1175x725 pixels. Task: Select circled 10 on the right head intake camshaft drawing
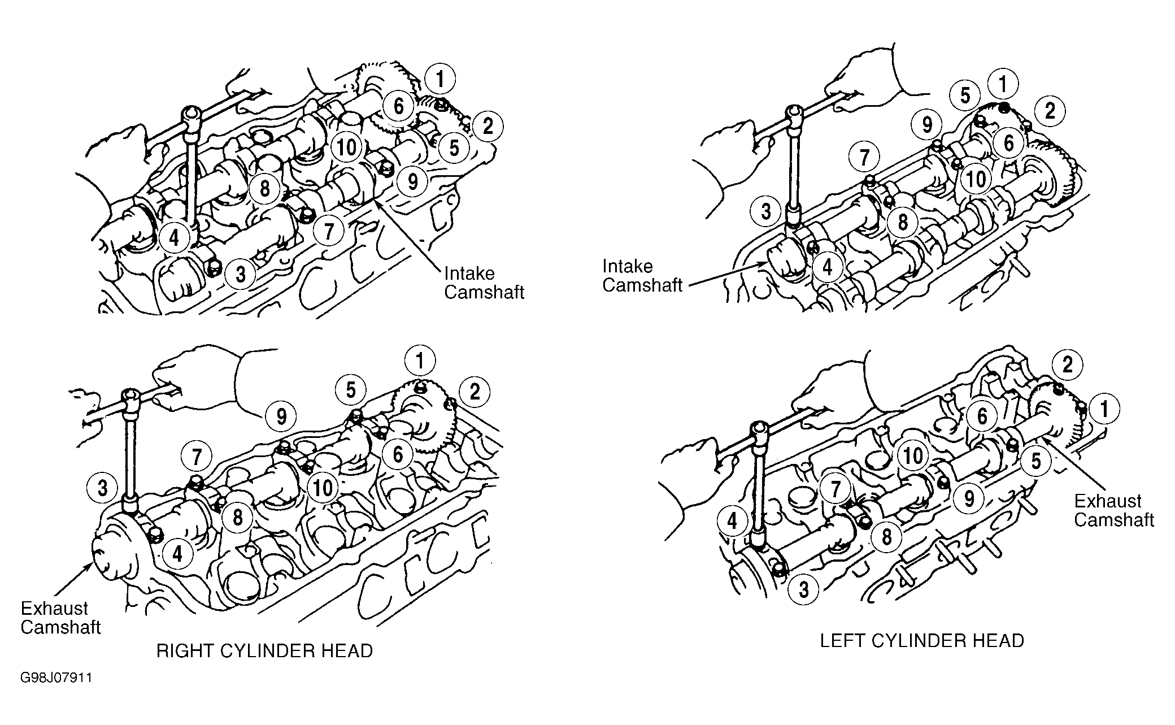point(347,147)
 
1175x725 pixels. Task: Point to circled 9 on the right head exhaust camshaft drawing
point(281,417)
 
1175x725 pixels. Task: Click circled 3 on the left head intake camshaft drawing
point(766,212)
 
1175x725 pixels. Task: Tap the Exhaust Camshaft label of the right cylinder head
point(60,618)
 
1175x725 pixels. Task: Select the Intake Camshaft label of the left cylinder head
point(642,276)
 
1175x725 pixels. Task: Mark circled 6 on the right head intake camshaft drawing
point(399,106)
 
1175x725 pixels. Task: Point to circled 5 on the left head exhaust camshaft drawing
point(1035,462)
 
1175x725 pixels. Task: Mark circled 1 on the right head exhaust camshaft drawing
point(420,361)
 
